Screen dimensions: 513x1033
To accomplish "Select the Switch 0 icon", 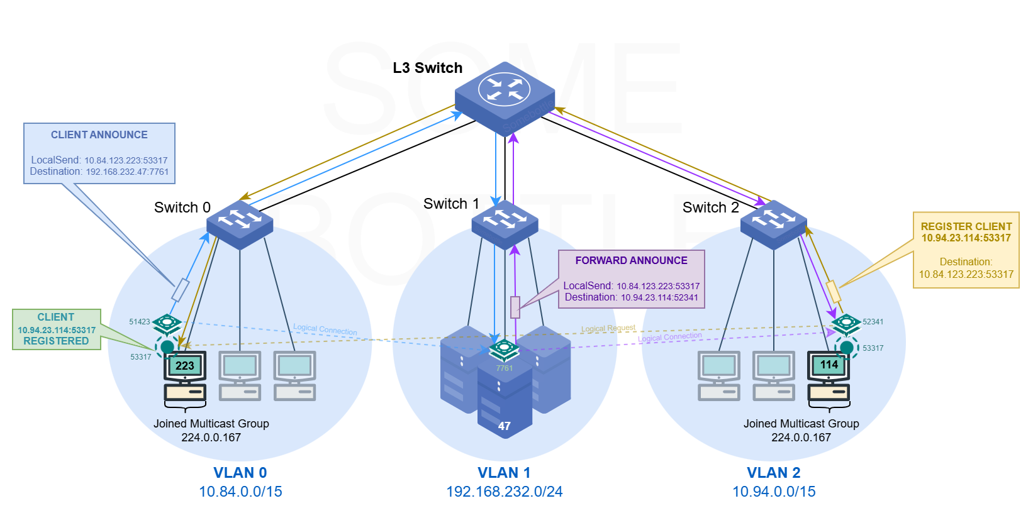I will [x=240, y=224].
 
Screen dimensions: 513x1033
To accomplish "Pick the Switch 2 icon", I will [x=773, y=224].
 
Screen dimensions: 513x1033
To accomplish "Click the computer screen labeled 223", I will [x=185, y=366].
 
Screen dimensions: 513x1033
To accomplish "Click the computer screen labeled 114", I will [x=829, y=365].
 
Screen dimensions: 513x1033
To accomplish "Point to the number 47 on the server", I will [x=505, y=426].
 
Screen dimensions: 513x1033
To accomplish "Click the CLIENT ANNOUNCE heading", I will [x=99, y=135].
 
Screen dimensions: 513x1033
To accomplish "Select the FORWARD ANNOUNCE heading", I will [x=631, y=260].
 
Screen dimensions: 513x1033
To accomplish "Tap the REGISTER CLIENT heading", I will [x=966, y=226].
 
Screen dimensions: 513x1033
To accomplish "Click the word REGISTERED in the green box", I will [x=56, y=341].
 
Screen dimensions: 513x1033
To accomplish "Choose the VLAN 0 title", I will [x=240, y=473].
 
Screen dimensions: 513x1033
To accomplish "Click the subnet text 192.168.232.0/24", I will [x=505, y=492].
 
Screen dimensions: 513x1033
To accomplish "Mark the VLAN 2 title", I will [x=773, y=473].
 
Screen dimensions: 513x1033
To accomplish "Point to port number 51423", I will [x=140, y=322].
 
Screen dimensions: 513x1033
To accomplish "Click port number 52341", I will [x=873, y=322].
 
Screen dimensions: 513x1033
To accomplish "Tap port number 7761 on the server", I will [x=505, y=368].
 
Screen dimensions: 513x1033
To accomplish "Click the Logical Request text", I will [x=608, y=328].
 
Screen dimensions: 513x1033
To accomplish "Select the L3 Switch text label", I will [x=427, y=68].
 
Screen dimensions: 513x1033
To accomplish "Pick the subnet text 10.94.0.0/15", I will [x=773, y=492].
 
